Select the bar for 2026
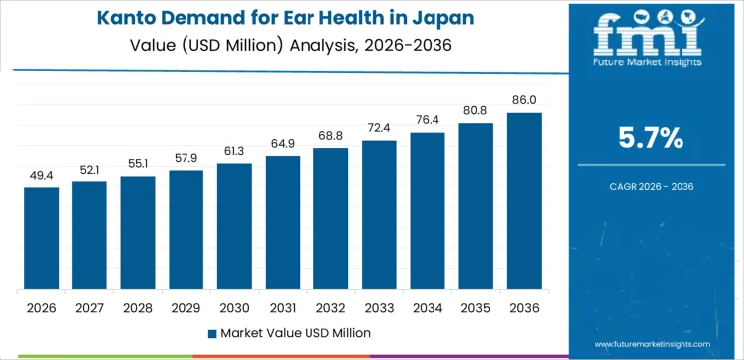[42, 238]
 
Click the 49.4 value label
[42, 176]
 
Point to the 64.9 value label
[283, 144]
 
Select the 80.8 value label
[476, 111]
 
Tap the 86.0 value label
[524, 100]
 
